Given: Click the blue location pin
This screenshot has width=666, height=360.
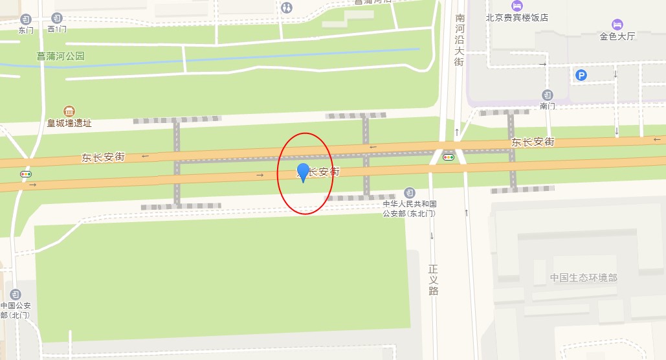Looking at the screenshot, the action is tap(303, 172).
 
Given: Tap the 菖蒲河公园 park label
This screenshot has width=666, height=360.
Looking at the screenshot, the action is tap(61, 56).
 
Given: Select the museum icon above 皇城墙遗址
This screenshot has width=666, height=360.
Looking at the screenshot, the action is tap(69, 111).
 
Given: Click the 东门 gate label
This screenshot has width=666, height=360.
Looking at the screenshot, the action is tap(26, 30).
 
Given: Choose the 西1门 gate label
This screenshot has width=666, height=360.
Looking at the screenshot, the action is tap(57, 30).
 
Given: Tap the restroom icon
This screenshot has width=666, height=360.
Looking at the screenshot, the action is tap(287, 7).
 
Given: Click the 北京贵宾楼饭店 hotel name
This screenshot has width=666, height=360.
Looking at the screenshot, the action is tap(517, 18).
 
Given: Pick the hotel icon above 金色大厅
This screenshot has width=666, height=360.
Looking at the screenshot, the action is tap(617, 24).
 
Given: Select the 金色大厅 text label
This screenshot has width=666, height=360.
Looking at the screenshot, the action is tap(617, 36).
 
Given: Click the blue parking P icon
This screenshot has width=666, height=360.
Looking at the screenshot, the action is tap(581, 76).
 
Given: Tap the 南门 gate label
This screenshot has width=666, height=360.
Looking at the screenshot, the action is tap(548, 106).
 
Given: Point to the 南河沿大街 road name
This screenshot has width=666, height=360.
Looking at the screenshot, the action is tap(460, 39).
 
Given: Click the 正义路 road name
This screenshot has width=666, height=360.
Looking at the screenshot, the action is tap(434, 280).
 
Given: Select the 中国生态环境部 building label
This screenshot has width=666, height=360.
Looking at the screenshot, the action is tap(584, 278).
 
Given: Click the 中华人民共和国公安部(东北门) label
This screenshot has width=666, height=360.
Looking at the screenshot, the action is tap(409, 208).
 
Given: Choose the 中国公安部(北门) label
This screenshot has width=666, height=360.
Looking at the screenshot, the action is tap(16, 310).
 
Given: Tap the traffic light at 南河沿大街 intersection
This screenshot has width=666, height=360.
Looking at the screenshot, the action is tap(448, 157).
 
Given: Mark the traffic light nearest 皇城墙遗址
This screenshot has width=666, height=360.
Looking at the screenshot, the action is tap(26, 174).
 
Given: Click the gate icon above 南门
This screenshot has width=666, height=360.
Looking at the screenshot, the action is tap(548, 95).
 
